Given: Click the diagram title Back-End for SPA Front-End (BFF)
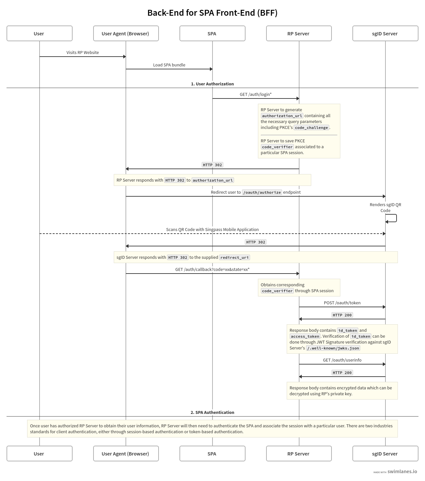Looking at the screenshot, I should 212,13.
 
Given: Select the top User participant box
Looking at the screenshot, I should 39,33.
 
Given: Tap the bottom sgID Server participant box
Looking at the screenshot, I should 385,454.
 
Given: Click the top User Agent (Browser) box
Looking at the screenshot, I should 126,33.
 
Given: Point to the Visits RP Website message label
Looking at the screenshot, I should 82,52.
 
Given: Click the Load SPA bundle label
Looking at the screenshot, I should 169,65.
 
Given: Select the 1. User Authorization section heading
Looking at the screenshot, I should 212,84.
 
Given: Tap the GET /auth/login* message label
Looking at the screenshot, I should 255,94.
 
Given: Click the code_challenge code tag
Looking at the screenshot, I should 311,128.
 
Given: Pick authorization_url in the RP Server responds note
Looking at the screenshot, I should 212,180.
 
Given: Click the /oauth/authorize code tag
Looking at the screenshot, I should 262,192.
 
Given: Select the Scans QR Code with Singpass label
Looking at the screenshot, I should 212,229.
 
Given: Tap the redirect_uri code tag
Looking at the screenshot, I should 234,258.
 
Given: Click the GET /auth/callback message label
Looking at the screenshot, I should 212,269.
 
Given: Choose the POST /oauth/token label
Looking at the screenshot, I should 342,303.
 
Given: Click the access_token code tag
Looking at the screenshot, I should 305,336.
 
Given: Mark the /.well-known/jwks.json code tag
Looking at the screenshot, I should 333,348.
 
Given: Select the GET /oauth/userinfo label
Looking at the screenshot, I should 342,360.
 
